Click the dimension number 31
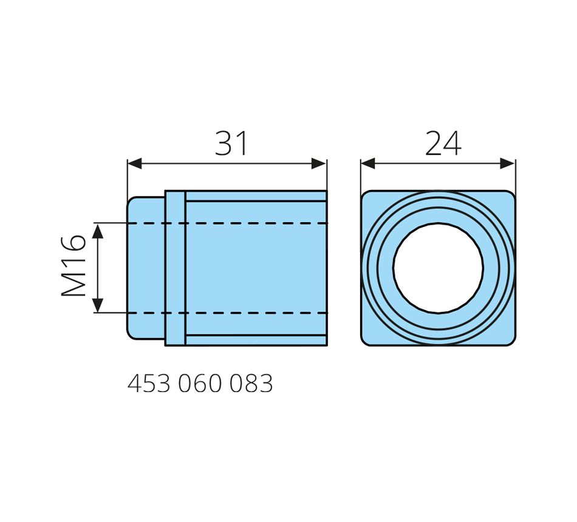[x=232, y=143]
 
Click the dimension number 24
[x=443, y=143]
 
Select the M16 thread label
[x=73, y=266]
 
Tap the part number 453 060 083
[x=200, y=384]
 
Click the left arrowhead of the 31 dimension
[x=135, y=164]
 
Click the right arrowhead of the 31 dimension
[x=319, y=164]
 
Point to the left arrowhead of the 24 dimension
[x=368, y=164]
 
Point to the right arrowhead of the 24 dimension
[x=507, y=164]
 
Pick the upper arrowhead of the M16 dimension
[x=98, y=231]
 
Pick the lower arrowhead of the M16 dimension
[x=98, y=305]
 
